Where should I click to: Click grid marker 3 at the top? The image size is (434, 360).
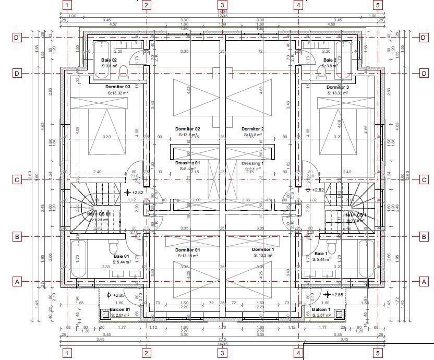[x=222, y=5]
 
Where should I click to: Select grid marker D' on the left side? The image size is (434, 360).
[x=17, y=38]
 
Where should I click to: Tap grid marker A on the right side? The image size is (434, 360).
[x=424, y=281]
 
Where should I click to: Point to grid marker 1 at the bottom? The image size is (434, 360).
[x=67, y=354]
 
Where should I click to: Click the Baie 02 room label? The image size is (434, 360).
[x=108, y=60]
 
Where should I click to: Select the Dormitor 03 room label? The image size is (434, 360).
[x=117, y=87]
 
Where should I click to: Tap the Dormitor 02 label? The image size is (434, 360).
[x=187, y=129]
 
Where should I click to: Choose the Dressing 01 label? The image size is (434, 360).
[x=187, y=163]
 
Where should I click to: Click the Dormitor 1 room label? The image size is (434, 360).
[x=262, y=250]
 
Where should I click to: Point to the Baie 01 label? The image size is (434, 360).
[x=121, y=256]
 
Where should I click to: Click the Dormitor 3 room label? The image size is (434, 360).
[x=337, y=87]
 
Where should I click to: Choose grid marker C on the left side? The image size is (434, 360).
[x=17, y=180]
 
